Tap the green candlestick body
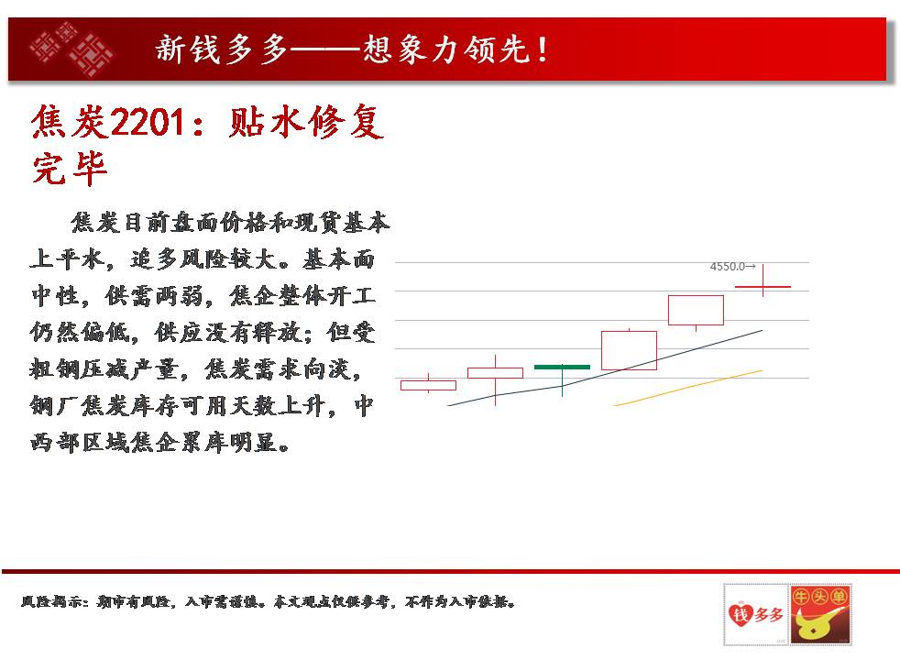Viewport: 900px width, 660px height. [562, 367]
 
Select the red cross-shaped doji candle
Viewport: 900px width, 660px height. [763, 286]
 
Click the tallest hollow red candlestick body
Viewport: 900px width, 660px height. [629, 351]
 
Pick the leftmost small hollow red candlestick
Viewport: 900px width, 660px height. [428, 385]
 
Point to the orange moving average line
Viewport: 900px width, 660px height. [687, 388]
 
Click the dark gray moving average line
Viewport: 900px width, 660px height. [605, 368]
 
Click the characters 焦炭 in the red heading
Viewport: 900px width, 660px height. [70, 122]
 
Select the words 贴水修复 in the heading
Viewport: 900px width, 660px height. [306, 122]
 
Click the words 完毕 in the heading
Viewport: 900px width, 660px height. [70, 169]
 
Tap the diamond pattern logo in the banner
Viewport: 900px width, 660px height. [71, 49]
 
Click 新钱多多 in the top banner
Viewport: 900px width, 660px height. [221, 49]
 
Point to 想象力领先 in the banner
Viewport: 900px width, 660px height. [445, 49]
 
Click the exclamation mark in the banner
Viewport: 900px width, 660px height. [542, 49]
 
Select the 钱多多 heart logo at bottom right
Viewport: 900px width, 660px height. [755, 614]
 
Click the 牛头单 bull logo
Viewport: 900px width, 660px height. [820, 614]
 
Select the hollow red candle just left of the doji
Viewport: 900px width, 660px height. [696, 310]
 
